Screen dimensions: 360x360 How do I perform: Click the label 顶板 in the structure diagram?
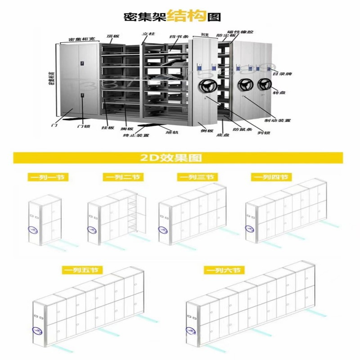click(112, 36)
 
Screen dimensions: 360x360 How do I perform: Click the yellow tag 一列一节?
click(47, 177)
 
